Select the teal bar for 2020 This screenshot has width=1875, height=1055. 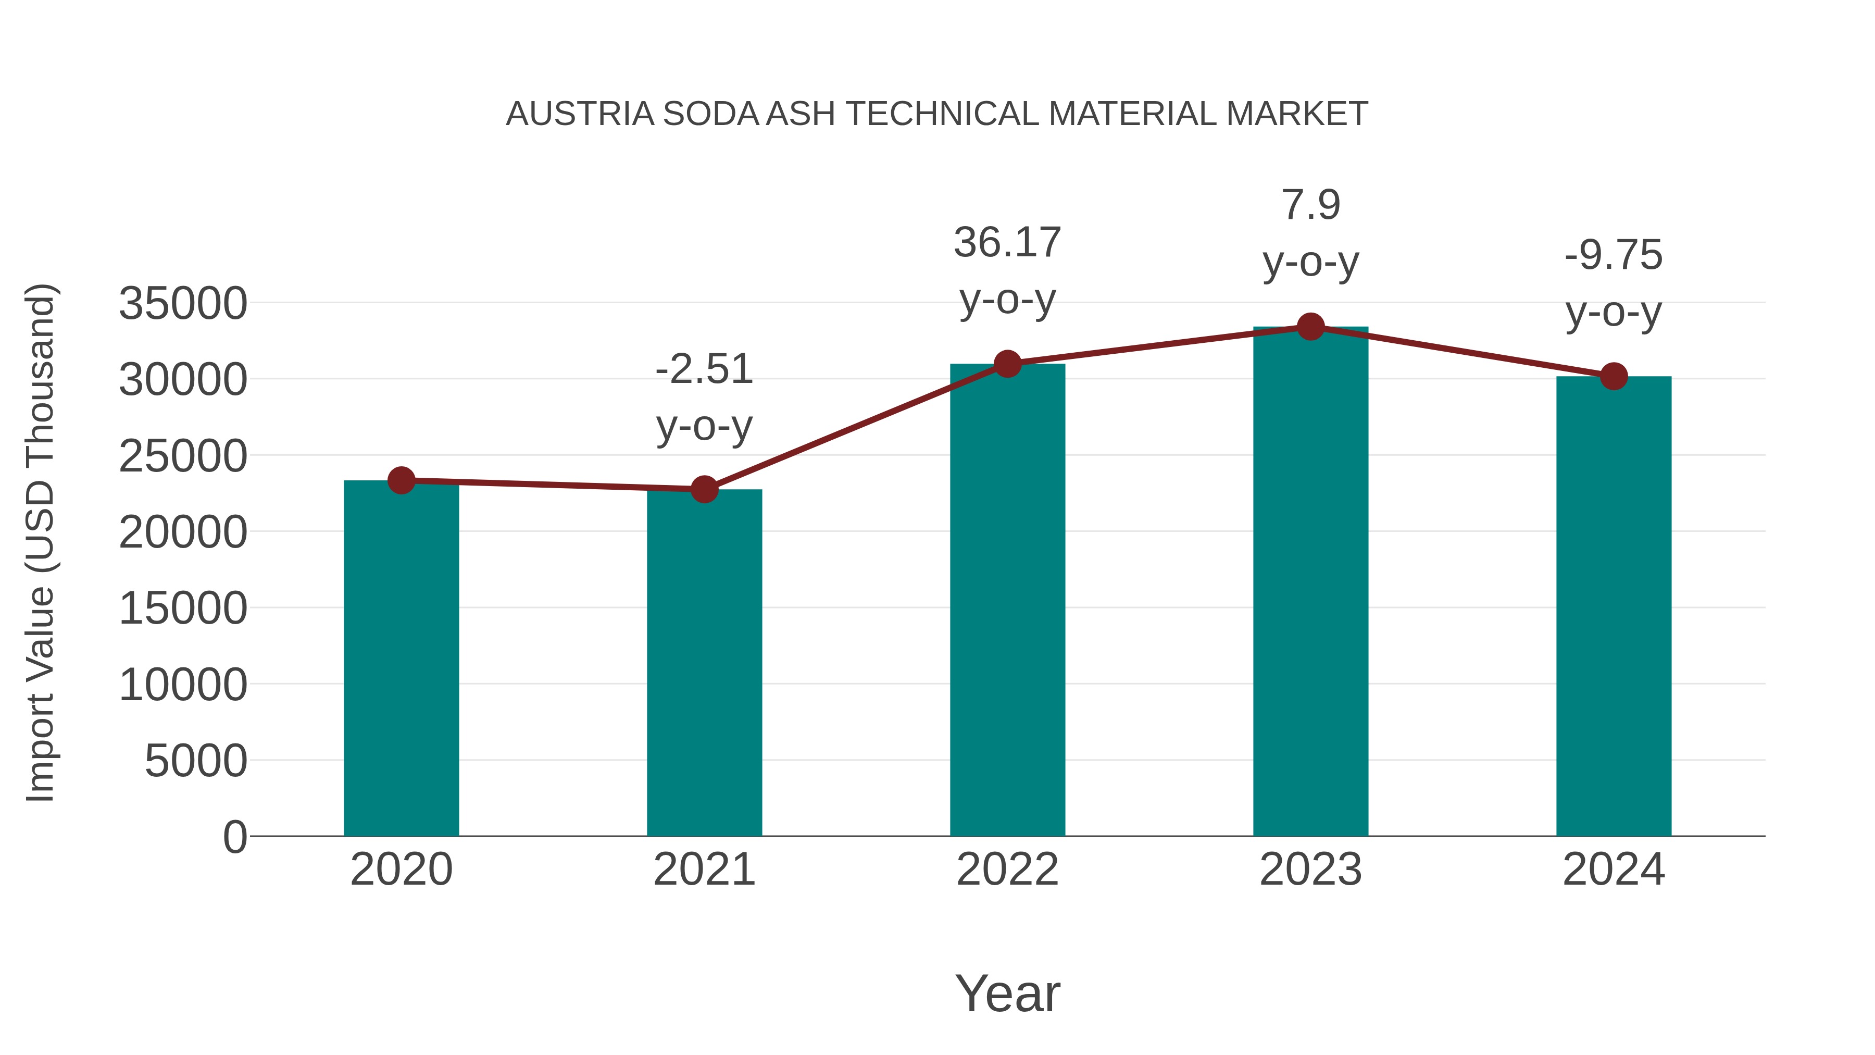tap(401, 659)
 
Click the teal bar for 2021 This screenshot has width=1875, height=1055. tap(704, 663)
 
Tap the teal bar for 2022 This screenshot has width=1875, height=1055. tap(1007, 600)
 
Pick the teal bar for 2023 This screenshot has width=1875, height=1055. tap(1310, 582)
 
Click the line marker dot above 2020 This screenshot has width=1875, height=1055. tap(401, 480)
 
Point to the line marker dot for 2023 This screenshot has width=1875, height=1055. tap(1310, 327)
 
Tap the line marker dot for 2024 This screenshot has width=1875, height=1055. tap(1614, 377)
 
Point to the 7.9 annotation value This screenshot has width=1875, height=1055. tap(1310, 205)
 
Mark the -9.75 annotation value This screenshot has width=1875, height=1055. tap(1614, 256)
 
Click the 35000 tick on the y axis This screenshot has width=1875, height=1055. tap(183, 304)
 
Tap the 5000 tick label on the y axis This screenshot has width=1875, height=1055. tap(196, 762)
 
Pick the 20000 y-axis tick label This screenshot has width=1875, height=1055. tap(183, 532)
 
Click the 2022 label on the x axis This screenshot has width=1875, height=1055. tap(1007, 870)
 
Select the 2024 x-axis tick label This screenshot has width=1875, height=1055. tap(1614, 870)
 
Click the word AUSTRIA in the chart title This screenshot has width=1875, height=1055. tap(579, 114)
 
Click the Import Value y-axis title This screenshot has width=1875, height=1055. tap(40, 542)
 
